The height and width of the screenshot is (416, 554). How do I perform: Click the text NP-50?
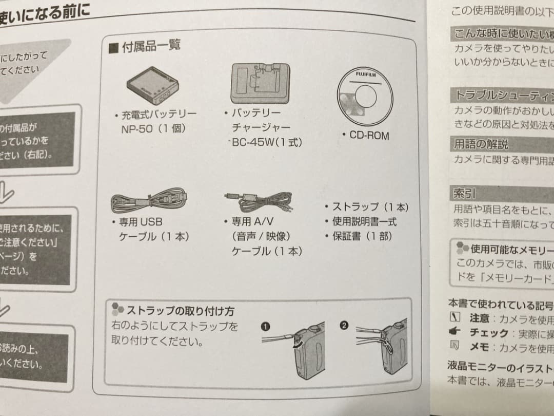pyautogui.click(x=137, y=128)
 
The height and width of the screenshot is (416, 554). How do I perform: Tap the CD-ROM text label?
pyautogui.click(x=369, y=136)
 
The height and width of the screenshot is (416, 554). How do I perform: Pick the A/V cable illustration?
pyautogui.click(x=258, y=200)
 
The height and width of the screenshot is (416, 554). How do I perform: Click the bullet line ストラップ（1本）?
pyautogui.click(x=370, y=207)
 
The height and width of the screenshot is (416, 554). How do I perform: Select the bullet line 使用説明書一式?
pyautogui.click(x=364, y=221)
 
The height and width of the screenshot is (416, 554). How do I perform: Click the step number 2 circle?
pyautogui.click(x=344, y=325)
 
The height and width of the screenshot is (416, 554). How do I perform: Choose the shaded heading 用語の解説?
pyautogui.click(x=481, y=144)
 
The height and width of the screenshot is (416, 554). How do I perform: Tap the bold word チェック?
pyautogui.click(x=489, y=333)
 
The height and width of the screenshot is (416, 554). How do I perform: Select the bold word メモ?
pyautogui.click(x=479, y=347)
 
